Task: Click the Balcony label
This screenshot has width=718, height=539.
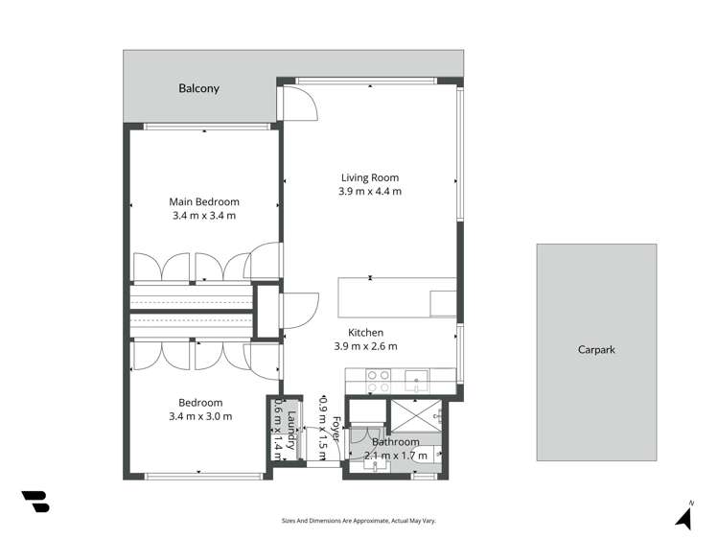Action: tap(198, 88)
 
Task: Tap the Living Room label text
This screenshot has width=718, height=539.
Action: tap(370, 177)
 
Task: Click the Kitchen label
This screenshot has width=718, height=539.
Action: tap(365, 332)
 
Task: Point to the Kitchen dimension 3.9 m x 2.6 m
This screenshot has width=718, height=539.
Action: tap(365, 346)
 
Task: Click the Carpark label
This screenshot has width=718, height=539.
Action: tap(596, 350)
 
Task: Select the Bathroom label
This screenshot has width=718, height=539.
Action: tap(396, 442)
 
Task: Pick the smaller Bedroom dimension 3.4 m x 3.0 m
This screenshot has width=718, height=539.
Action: tap(199, 416)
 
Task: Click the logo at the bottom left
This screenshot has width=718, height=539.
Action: tap(35, 502)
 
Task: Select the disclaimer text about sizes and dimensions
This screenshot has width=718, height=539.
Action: tap(359, 520)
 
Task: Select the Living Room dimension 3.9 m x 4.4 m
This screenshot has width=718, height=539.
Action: tap(370, 192)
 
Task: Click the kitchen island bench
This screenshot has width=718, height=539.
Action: tap(397, 296)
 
